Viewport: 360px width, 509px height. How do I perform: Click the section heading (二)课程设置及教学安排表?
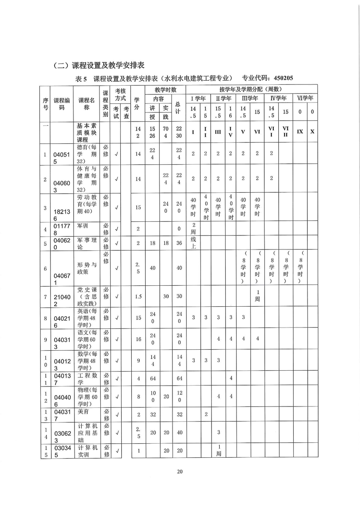[x=102, y=65]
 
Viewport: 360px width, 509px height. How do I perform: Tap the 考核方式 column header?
[x=120, y=94]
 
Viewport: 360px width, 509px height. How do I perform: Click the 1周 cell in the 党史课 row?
[x=257, y=296]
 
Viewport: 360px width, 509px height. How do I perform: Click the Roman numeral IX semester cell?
[x=300, y=132]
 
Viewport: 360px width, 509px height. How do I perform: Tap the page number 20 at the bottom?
[x=180, y=471]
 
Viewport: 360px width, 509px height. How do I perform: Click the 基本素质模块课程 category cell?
[x=86, y=132]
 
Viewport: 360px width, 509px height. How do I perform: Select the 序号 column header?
[x=46, y=103]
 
